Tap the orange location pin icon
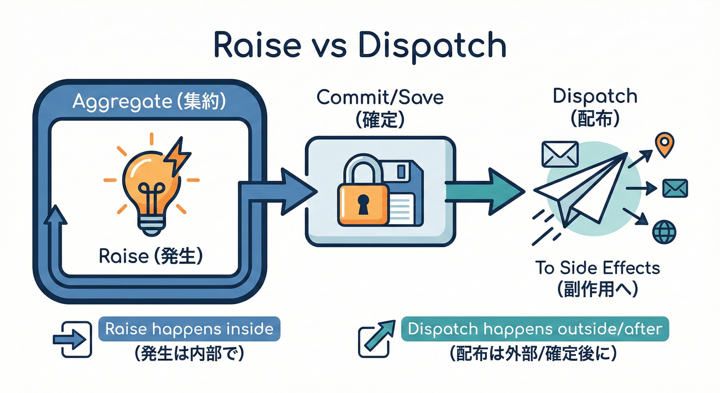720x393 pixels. [x=664, y=144]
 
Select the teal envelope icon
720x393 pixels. [x=675, y=188]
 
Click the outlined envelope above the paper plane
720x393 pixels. [x=559, y=154]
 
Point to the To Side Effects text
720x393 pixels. [x=597, y=268]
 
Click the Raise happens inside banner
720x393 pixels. [x=189, y=329]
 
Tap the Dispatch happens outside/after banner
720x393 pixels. [x=535, y=329]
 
